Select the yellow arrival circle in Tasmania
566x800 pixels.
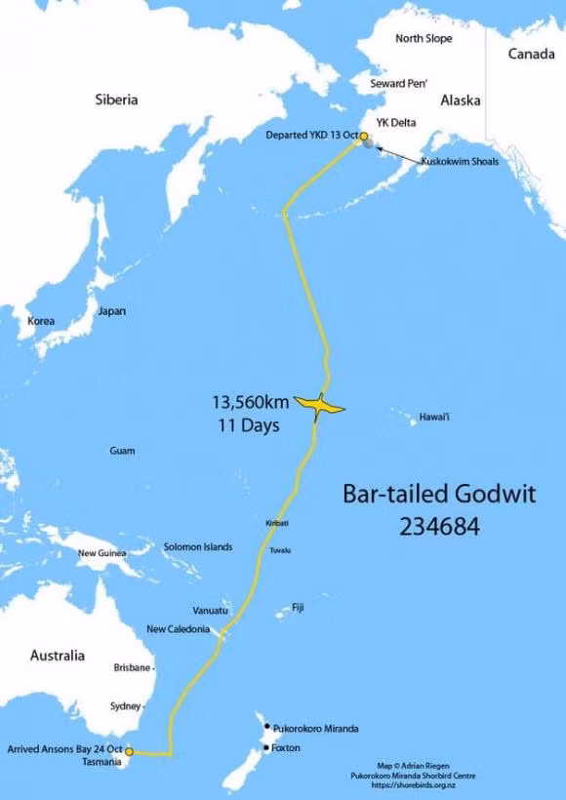point(129,751)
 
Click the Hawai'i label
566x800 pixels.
point(434,417)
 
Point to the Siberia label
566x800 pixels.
point(117,99)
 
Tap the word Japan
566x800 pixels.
point(111,311)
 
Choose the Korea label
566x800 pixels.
point(41,321)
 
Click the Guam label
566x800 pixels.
point(123,451)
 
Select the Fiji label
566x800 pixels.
point(298,607)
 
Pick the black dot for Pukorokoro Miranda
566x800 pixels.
point(266,727)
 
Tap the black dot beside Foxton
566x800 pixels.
point(266,748)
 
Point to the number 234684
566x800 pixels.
point(439,526)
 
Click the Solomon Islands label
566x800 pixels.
point(198,547)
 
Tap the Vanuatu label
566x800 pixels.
point(210,610)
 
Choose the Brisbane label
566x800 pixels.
point(133,667)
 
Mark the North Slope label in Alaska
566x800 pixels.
point(424,38)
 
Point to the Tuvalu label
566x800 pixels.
point(280,550)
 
